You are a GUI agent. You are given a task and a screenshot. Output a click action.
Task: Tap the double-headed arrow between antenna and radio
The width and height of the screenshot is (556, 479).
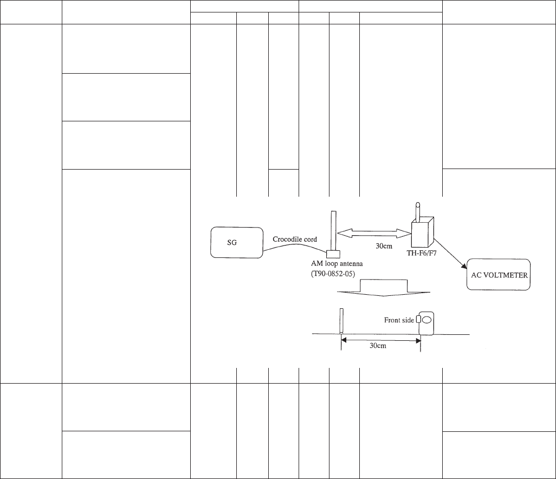coord(374,232)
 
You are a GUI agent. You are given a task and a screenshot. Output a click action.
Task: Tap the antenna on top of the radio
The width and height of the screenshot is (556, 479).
coord(418,212)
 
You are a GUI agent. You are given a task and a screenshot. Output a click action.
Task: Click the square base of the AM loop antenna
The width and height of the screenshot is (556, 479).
coord(333,254)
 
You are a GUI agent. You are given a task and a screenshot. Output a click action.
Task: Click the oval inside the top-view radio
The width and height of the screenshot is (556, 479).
coord(426,320)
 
